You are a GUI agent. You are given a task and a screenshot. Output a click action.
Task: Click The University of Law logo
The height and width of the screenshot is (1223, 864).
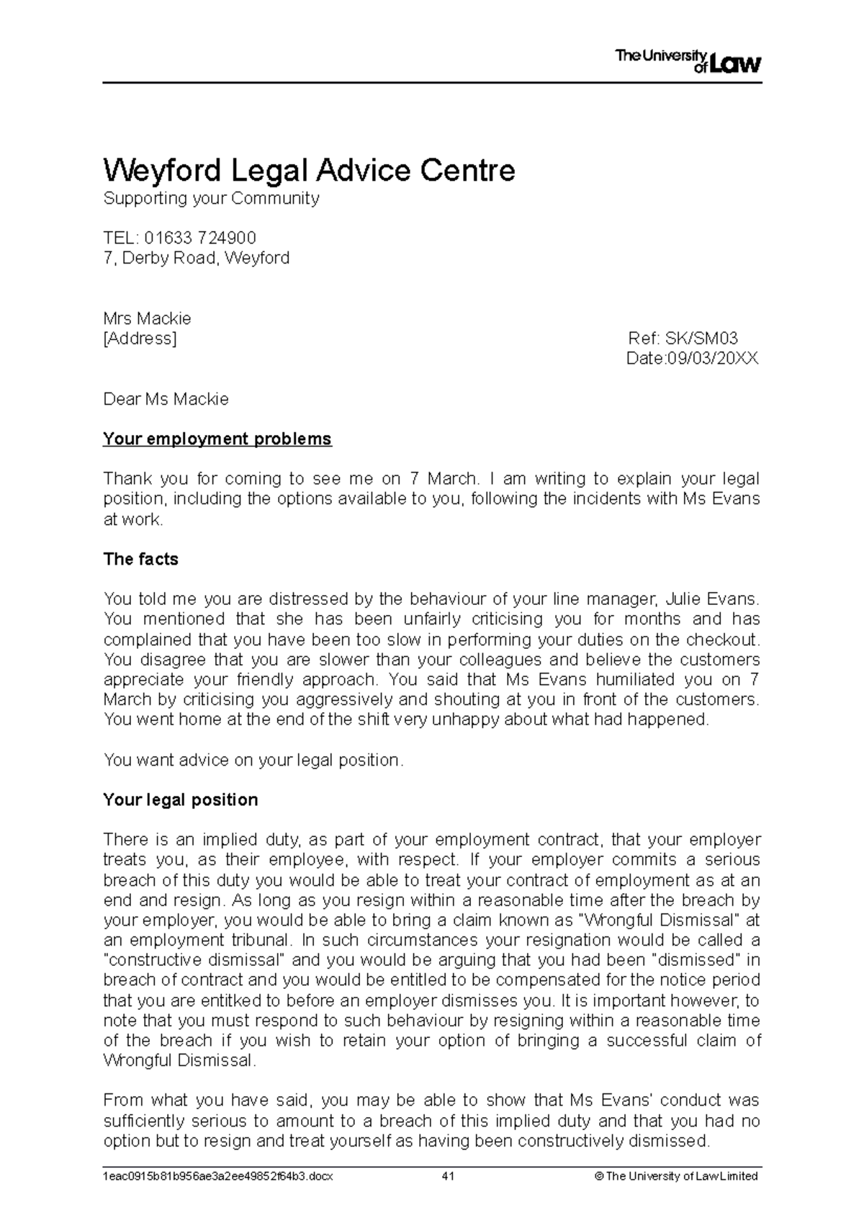coord(688,62)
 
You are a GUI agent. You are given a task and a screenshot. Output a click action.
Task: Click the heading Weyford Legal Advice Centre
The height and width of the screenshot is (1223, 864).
coord(310,171)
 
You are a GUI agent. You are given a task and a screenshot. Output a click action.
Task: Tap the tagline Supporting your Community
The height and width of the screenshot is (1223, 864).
coord(211,199)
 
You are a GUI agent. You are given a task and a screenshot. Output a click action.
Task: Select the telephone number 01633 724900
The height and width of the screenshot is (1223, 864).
coord(200,238)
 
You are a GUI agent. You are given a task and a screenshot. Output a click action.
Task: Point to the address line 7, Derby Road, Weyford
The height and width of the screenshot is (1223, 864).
coord(197,258)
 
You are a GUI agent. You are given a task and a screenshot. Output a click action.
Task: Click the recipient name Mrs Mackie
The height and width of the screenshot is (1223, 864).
coord(147,318)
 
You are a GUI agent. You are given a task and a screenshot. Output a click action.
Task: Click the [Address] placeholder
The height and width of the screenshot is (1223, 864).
coord(140,339)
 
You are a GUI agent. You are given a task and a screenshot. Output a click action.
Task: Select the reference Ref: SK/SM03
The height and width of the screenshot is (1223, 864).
coord(683,339)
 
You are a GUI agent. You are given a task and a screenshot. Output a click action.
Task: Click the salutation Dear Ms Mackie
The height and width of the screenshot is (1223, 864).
coord(166,399)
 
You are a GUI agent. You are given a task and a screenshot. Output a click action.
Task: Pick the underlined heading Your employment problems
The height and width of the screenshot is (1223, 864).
coord(217,439)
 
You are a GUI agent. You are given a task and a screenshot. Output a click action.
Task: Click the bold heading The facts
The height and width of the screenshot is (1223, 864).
coord(140,559)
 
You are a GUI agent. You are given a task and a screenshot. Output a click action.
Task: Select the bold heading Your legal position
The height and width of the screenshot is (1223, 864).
coord(180,800)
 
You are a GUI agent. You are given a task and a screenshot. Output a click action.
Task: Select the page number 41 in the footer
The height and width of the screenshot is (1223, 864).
coord(448,1177)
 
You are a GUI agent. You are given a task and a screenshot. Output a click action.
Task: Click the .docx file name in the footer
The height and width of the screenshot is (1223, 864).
coord(218,1177)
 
